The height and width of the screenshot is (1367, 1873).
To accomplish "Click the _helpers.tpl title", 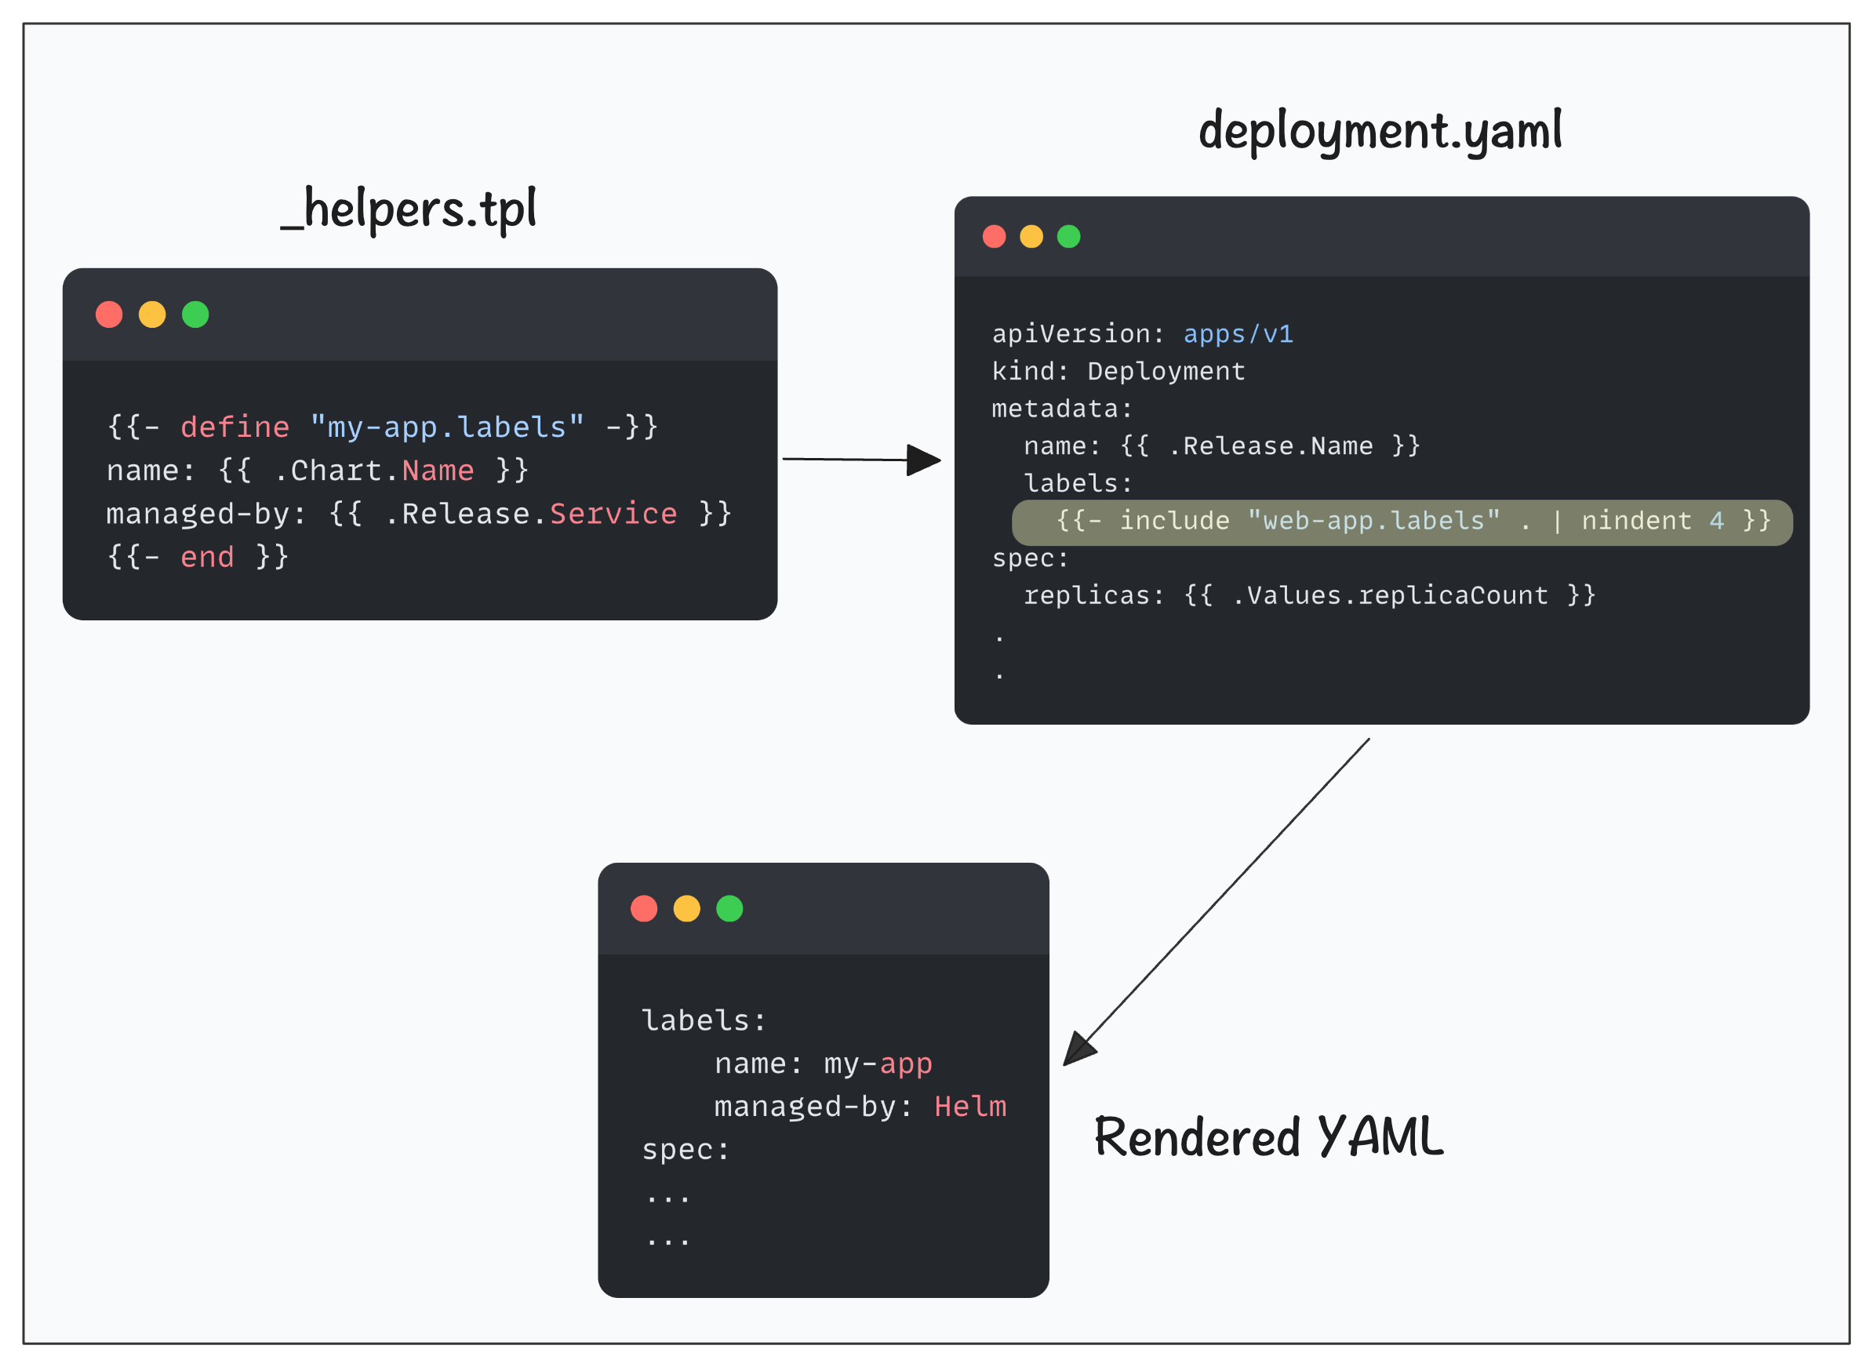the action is coord(409,209).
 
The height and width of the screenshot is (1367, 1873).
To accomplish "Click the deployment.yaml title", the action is coord(1380,132).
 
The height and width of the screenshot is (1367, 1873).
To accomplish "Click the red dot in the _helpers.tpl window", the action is coord(109,314).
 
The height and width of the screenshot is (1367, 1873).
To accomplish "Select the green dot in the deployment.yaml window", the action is coord(1069,237).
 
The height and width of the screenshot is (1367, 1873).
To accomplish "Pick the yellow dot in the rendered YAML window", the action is coord(686,908).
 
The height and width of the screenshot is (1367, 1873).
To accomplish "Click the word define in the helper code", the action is coord(235,427).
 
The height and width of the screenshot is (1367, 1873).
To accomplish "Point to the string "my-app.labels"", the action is coord(447,427).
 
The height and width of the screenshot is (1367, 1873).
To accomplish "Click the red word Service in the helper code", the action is coord(613,514).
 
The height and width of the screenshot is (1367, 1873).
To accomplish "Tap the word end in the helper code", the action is coord(207,557).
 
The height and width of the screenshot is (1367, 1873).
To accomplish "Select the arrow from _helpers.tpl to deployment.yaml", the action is coord(862,460).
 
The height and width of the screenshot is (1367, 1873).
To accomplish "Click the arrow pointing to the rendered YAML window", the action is coord(1217,902).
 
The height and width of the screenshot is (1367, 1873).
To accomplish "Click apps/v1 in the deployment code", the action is coord(1238,334).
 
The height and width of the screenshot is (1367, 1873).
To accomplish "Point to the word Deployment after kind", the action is coord(1166,372).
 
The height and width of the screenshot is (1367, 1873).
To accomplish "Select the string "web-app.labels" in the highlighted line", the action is coord(1373,521).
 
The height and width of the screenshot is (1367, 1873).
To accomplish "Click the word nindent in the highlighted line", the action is coord(1636,521).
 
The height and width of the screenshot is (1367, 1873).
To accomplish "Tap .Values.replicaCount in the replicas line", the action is coord(1390,595).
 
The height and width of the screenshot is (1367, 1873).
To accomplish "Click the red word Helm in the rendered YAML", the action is coord(970,1107).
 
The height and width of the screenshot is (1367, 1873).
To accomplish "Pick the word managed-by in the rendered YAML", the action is coord(806,1107).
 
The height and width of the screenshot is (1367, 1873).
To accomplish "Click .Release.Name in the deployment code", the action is coord(1271,446).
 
